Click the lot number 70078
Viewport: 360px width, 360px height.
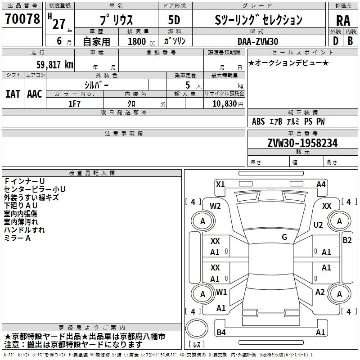click(x=22, y=19)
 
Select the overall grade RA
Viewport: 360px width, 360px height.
click(x=343, y=21)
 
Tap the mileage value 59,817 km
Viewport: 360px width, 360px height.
click(x=55, y=65)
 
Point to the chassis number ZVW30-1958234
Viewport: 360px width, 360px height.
click(x=302, y=143)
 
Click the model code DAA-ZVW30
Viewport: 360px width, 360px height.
click(x=258, y=41)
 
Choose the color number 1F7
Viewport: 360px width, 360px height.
click(x=74, y=104)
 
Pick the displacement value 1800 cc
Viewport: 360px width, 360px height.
click(x=141, y=41)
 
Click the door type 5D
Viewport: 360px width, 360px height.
click(x=174, y=20)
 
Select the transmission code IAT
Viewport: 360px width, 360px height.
click(x=13, y=94)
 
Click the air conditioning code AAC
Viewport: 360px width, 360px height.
click(x=35, y=94)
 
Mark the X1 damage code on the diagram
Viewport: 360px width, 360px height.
click(x=220, y=184)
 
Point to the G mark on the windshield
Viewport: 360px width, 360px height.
click(x=284, y=237)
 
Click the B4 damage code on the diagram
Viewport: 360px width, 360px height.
click(x=221, y=332)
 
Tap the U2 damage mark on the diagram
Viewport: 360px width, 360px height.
click(x=318, y=225)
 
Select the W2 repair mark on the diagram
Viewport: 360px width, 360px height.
click(x=215, y=206)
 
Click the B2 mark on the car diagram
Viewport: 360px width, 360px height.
click(x=347, y=240)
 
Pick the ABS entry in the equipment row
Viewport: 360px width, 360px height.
click(x=258, y=121)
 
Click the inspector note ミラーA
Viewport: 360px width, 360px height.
click(x=17, y=238)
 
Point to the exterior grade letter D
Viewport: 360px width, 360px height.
click(x=336, y=41)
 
